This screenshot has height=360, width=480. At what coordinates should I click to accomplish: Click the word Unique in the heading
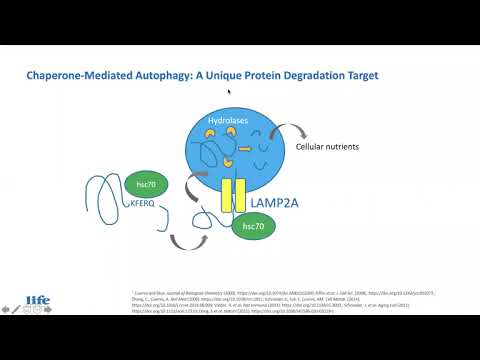(222, 76)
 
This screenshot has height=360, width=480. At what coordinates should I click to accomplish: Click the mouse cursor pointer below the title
(229, 93)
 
